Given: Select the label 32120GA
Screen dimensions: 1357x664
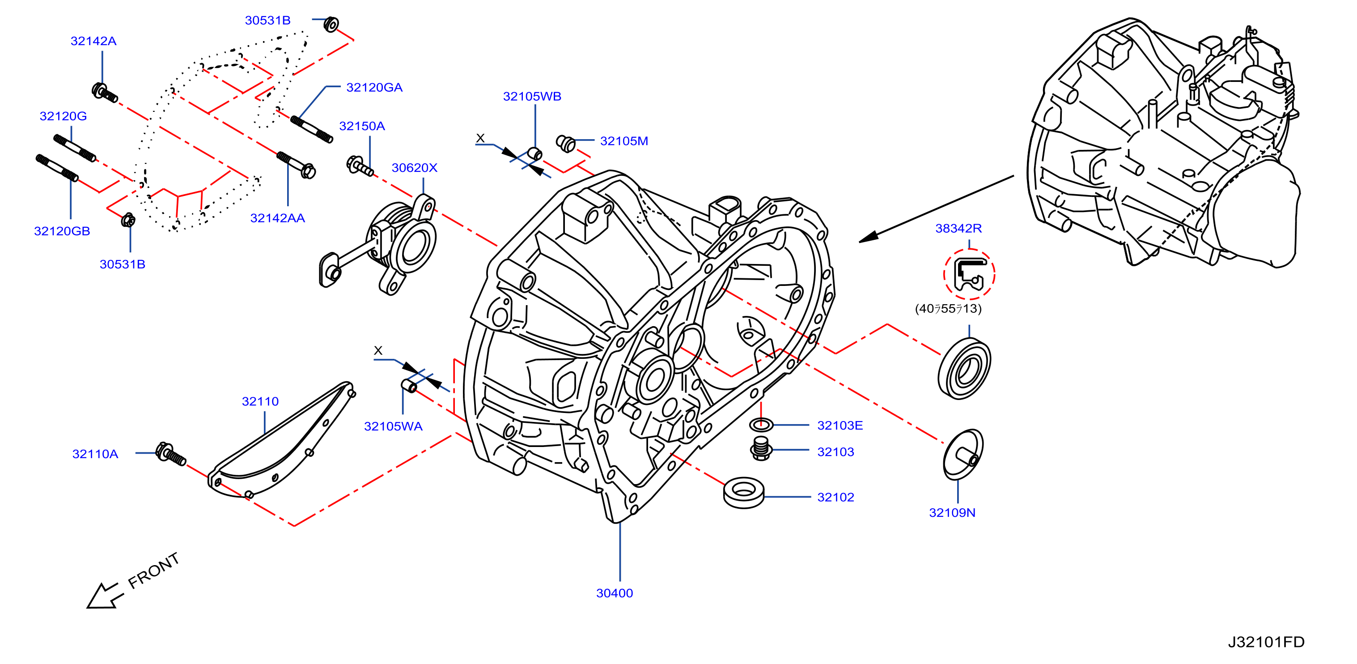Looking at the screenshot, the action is pyautogui.click(x=374, y=88).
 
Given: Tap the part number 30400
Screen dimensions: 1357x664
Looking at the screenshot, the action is pyautogui.click(x=614, y=593).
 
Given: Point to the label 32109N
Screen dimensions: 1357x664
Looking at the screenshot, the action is pyautogui.click(x=952, y=513).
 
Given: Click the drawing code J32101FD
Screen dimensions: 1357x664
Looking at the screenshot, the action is pyautogui.click(x=1266, y=642).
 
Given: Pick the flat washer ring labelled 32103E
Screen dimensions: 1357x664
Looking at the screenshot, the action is pyautogui.click(x=761, y=424).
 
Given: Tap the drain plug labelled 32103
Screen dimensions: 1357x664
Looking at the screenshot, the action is pyautogui.click(x=761, y=448).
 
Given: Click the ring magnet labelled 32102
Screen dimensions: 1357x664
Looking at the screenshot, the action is pyautogui.click(x=743, y=493).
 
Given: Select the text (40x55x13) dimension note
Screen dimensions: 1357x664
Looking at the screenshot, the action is pyautogui.click(x=948, y=309).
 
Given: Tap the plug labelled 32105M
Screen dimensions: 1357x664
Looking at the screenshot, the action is pyautogui.click(x=566, y=143).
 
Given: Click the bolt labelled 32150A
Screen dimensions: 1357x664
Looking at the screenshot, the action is pyautogui.click(x=360, y=166).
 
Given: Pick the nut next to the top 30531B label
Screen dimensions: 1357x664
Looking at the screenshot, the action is pyautogui.click(x=331, y=24).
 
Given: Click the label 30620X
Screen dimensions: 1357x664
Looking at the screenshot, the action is pyautogui.click(x=414, y=168).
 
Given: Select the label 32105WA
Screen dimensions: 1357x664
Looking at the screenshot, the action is pyautogui.click(x=393, y=426).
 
